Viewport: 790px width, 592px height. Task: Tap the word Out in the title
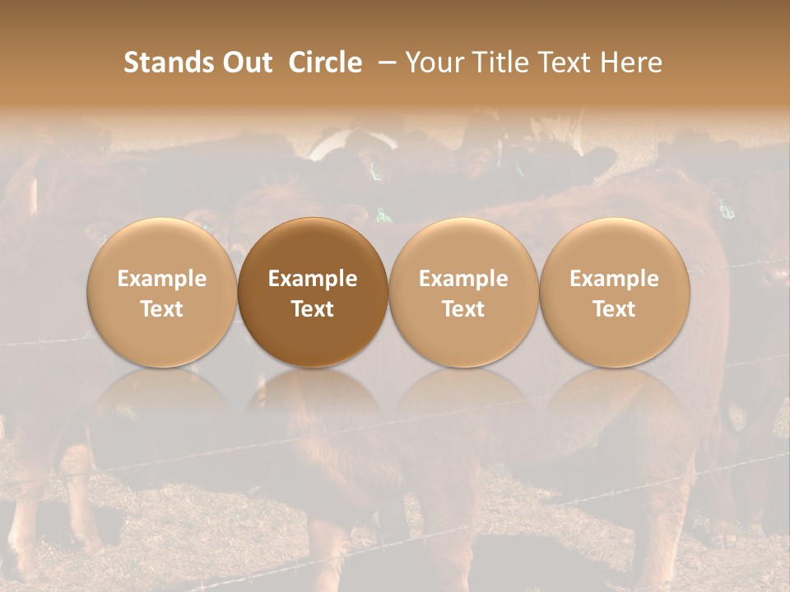coord(246,62)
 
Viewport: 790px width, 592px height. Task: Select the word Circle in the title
coord(325,62)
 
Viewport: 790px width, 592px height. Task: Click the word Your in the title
coord(433,62)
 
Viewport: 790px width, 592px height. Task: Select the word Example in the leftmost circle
coord(162,279)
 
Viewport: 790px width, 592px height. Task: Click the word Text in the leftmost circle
coord(162,309)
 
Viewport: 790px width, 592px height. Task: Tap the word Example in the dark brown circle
coord(313,279)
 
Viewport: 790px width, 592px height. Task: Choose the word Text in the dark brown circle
coord(313,309)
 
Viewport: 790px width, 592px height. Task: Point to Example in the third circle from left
coord(463,279)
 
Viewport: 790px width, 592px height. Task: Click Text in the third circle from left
coord(463,309)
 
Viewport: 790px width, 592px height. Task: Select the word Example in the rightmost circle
coord(615,279)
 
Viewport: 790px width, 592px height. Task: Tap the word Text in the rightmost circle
coord(615,309)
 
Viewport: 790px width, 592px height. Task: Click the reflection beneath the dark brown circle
coord(313,403)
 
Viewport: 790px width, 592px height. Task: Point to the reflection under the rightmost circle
coord(615,403)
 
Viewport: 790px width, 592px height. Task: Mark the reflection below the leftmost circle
coord(162,403)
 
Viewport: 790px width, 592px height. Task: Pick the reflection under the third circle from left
coord(463,403)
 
